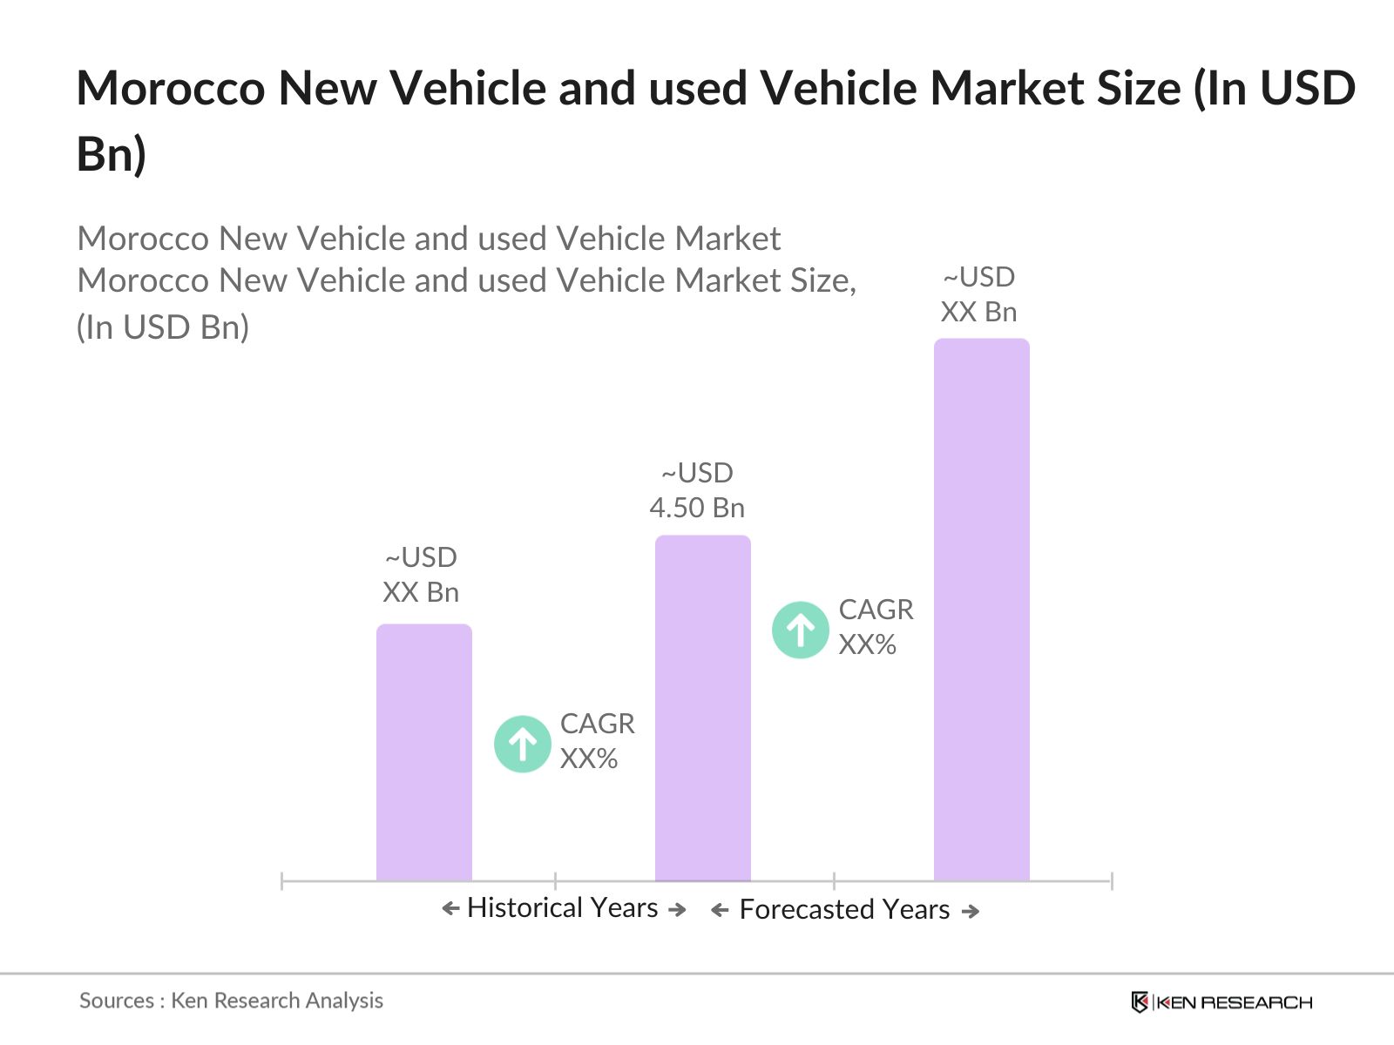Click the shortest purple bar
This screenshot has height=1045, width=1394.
click(x=423, y=753)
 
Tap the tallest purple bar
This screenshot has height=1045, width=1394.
click(x=981, y=610)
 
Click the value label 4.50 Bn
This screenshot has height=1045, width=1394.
click(x=697, y=508)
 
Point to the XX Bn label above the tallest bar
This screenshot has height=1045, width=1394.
click(x=978, y=312)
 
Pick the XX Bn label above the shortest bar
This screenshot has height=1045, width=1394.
click(x=421, y=592)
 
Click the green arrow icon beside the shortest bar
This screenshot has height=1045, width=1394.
click(x=523, y=744)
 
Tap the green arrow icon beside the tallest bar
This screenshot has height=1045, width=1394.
click(x=800, y=630)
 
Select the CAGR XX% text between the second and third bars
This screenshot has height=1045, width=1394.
click(x=875, y=627)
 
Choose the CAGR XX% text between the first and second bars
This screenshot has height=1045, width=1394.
click(x=597, y=741)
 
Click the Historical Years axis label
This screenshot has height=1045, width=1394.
click(x=562, y=908)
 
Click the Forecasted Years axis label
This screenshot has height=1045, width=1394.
click(x=843, y=910)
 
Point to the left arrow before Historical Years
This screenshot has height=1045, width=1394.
click(x=450, y=909)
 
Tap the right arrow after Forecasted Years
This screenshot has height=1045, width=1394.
click(x=971, y=912)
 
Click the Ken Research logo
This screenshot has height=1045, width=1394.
click(x=1221, y=1002)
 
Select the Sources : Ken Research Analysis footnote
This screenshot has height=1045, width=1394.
click(x=231, y=1001)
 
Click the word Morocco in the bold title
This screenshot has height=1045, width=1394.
click(x=170, y=89)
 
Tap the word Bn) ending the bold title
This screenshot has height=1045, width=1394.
click(x=112, y=154)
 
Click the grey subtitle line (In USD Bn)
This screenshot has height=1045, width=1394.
click(x=163, y=327)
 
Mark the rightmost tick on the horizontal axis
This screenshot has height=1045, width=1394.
click(x=1111, y=881)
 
